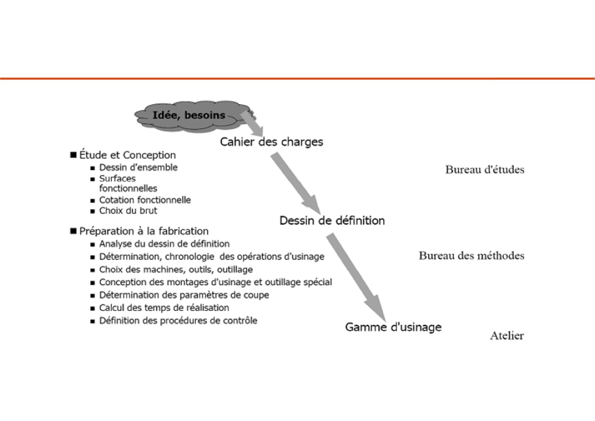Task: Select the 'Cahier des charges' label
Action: [x=271, y=142]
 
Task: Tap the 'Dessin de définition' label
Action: [x=332, y=221]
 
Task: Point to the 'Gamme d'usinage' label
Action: [x=393, y=327]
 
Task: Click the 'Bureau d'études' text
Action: [x=484, y=170]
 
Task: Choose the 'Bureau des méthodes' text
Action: [x=471, y=256]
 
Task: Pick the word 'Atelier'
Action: [x=507, y=335]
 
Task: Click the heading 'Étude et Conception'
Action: [x=127, y=155]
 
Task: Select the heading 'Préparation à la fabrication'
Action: [x=143, y=231]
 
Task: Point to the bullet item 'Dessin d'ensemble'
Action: [x=138, y=168]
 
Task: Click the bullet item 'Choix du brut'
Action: [x=128, y=211]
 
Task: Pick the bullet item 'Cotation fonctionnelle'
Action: [x=145, y=200]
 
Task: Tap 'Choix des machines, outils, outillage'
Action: [x=176, y=270]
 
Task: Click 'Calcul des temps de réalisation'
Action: [x=164, y=308]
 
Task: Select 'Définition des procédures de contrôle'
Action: [x=178, y=321]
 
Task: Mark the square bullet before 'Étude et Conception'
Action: [x=73, y=155]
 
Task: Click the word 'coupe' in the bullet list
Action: [x=257, y=295]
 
